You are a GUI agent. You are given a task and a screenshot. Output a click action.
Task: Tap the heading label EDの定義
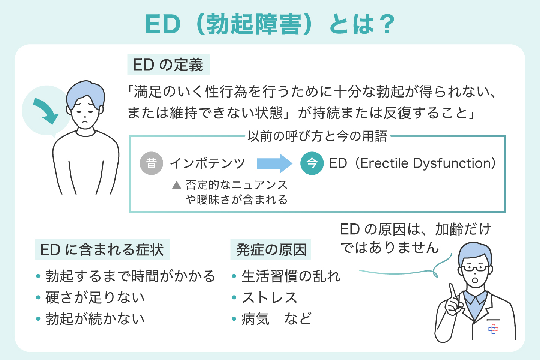[x=168, y=65]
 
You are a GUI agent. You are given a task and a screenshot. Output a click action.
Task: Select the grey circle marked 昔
[x=151, y=163]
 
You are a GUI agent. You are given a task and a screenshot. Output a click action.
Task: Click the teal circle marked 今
[x=312, y=163]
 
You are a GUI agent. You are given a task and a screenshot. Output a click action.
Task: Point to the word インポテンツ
[x=207, y=163]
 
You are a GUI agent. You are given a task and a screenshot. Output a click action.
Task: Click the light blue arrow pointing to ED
[x=274, y=163]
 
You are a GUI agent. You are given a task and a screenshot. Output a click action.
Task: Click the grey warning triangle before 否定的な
[x=177, y=185]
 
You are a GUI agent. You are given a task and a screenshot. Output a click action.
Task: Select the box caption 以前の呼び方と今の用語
[x=317, y=136]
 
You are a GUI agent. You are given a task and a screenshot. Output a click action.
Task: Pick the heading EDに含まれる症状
[x=102, y=249]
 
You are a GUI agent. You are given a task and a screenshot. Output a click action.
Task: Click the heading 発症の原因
[x=271, y=249]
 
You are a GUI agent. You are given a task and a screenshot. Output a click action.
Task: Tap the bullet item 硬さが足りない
[x=95, y=297]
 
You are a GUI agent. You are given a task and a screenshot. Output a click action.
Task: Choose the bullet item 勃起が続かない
[x=95, y=319]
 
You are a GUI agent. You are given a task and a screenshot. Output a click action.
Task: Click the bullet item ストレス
[x=269, y=297]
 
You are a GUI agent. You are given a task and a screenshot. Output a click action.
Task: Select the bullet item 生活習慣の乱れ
[x=291, y=276]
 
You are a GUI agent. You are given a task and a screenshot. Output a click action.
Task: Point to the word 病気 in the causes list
[x=255, y=319]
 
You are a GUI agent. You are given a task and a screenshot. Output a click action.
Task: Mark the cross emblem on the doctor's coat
[x=493, y=329]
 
